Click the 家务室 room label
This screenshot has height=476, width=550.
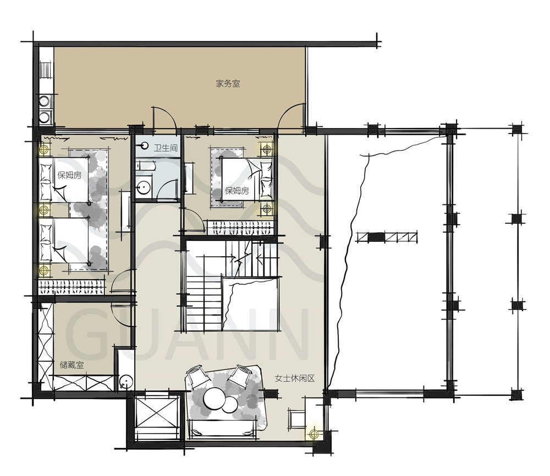coord(228,84)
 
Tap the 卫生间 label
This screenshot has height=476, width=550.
coord(166,147)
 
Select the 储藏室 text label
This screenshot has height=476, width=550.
coord(71,365)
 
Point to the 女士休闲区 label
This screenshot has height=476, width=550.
coord(295,378)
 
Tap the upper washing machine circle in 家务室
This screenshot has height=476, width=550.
coord(44,101)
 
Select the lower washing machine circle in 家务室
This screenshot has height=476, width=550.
coord(44,117)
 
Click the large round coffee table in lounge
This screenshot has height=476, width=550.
coord(213,398)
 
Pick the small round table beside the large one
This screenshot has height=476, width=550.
coord(229,405)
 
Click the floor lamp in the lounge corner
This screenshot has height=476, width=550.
coord(313,434)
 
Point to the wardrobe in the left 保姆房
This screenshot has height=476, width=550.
coord(71,287)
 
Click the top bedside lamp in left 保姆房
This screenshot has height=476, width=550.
coord(44,150)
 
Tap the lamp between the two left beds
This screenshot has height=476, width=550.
coord(43,211)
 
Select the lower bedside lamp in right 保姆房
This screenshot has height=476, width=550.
coord(267,209)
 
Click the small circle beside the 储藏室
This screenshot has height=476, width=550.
coord(126,381)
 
